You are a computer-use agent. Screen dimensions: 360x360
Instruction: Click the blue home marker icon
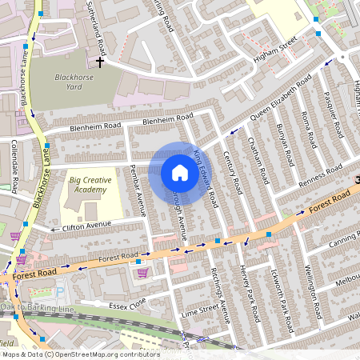pos(180,173)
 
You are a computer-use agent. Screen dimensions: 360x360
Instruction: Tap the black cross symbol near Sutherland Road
pos(100,61)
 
